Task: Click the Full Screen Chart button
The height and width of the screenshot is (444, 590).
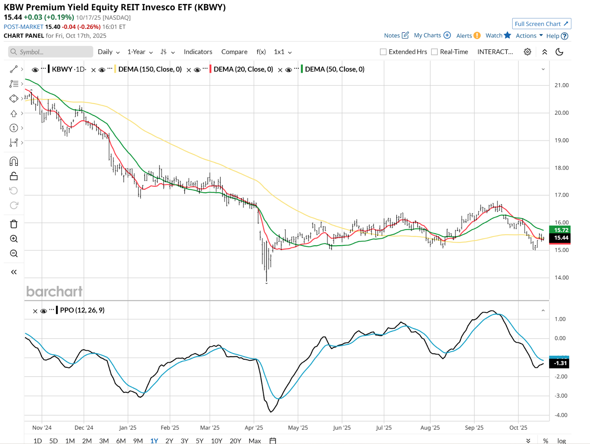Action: click(x=541, y=24)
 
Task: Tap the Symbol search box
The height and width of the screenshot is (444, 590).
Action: click(x=51, y=52)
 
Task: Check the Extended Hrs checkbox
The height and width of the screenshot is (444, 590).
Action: click(x=383, y=52)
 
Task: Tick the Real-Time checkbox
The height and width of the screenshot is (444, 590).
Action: click(x=434, y=52)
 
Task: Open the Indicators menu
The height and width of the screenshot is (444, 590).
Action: click(x=198, y=52)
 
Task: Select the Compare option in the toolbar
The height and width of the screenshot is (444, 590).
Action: click(x=234, y=52)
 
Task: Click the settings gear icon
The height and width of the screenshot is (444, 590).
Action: click(x=527, y=52)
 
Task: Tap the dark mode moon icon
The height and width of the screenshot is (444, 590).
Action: click(x=559, y=52)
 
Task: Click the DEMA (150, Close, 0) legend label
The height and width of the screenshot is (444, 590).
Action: click(x=150, y=69)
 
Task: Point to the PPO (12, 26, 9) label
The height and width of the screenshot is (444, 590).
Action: click(x=82, y=310)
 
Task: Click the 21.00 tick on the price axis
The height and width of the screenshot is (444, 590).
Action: click(x=561, y=85)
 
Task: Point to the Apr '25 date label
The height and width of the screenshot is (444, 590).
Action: click(x=254, y=427)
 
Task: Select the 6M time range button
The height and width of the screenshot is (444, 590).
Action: click(x=121, y=441)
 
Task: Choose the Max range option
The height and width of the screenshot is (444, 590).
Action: click(x=254, y=441)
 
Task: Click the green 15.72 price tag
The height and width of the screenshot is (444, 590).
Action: click(x=560, y=230)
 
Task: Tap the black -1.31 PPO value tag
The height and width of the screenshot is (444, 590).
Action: click(x=559, y=363)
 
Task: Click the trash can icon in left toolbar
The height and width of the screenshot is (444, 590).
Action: click(x=14, y=224)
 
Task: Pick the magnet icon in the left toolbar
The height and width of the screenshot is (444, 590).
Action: click(x=14, y=161)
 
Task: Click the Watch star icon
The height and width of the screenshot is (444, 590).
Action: click(x=507, y=35)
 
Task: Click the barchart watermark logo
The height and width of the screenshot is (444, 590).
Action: click(x=54, y=291)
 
